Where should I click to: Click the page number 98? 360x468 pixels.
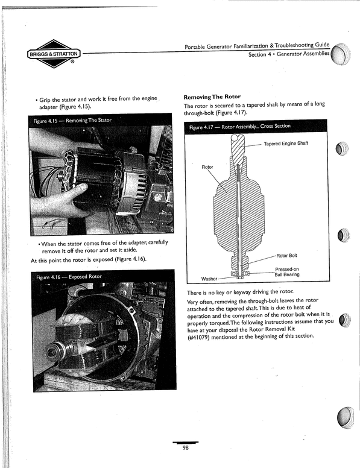pos(188,447)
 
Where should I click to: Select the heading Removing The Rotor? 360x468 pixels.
pos(211,96)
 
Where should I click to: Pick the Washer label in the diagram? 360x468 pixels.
pos(209,279)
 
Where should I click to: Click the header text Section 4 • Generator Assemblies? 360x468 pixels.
pos(289,55)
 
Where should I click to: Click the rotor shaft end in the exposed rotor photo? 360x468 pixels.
pos(60,348)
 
